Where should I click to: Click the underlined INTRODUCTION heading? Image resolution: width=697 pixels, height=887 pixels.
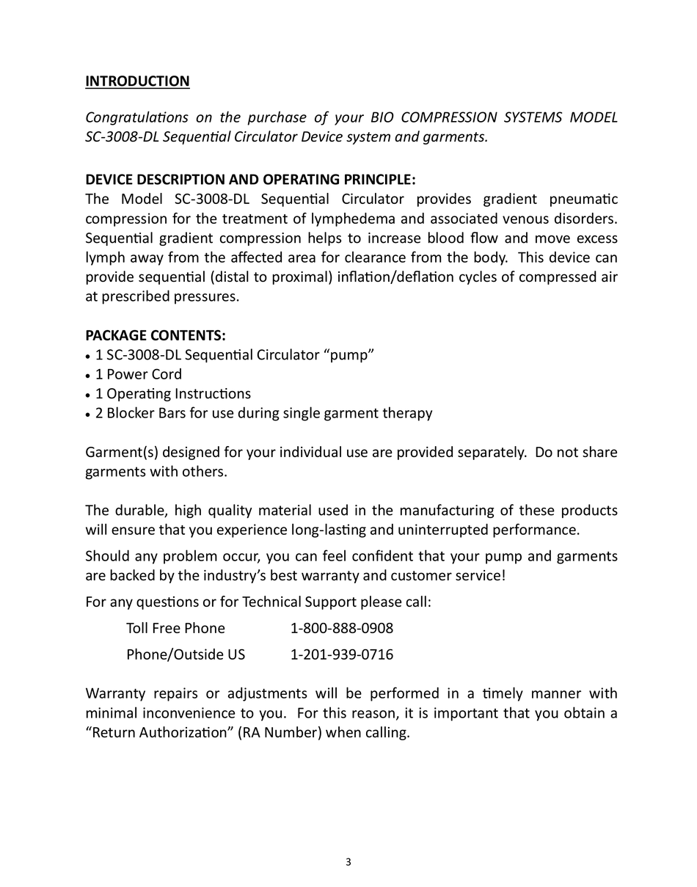tap(137, 81)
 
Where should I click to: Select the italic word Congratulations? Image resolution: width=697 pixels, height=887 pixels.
tap(136, 117)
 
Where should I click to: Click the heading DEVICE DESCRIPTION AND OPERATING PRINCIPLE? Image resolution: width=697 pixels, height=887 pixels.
tap(250, 180)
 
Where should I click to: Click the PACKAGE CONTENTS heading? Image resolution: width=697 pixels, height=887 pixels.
tap(156, 335)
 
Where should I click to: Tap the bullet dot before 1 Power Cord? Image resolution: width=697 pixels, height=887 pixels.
tap(89, 376)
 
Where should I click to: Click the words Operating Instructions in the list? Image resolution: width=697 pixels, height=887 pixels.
tap(179, 394)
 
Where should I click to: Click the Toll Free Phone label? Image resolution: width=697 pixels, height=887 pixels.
tap(175, 628)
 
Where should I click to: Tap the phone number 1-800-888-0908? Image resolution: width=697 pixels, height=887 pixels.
tap(342, 628)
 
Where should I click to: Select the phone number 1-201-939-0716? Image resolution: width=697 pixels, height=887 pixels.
tap(342, 654)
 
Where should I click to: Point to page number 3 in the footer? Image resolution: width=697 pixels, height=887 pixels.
tap(348, 862)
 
